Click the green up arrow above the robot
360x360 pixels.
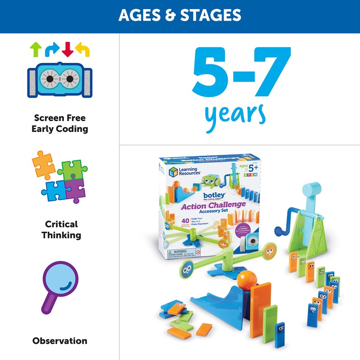pyautogui.click(x=35, y=49)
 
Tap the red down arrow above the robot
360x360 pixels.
pyautogui.click(x=67, y=49)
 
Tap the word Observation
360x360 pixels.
pyautogui.click(x=60, y=341)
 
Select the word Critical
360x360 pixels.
pyautogui.click(x=61, y=224)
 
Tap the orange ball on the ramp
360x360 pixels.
pyautogui.click(x=244, y=278)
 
